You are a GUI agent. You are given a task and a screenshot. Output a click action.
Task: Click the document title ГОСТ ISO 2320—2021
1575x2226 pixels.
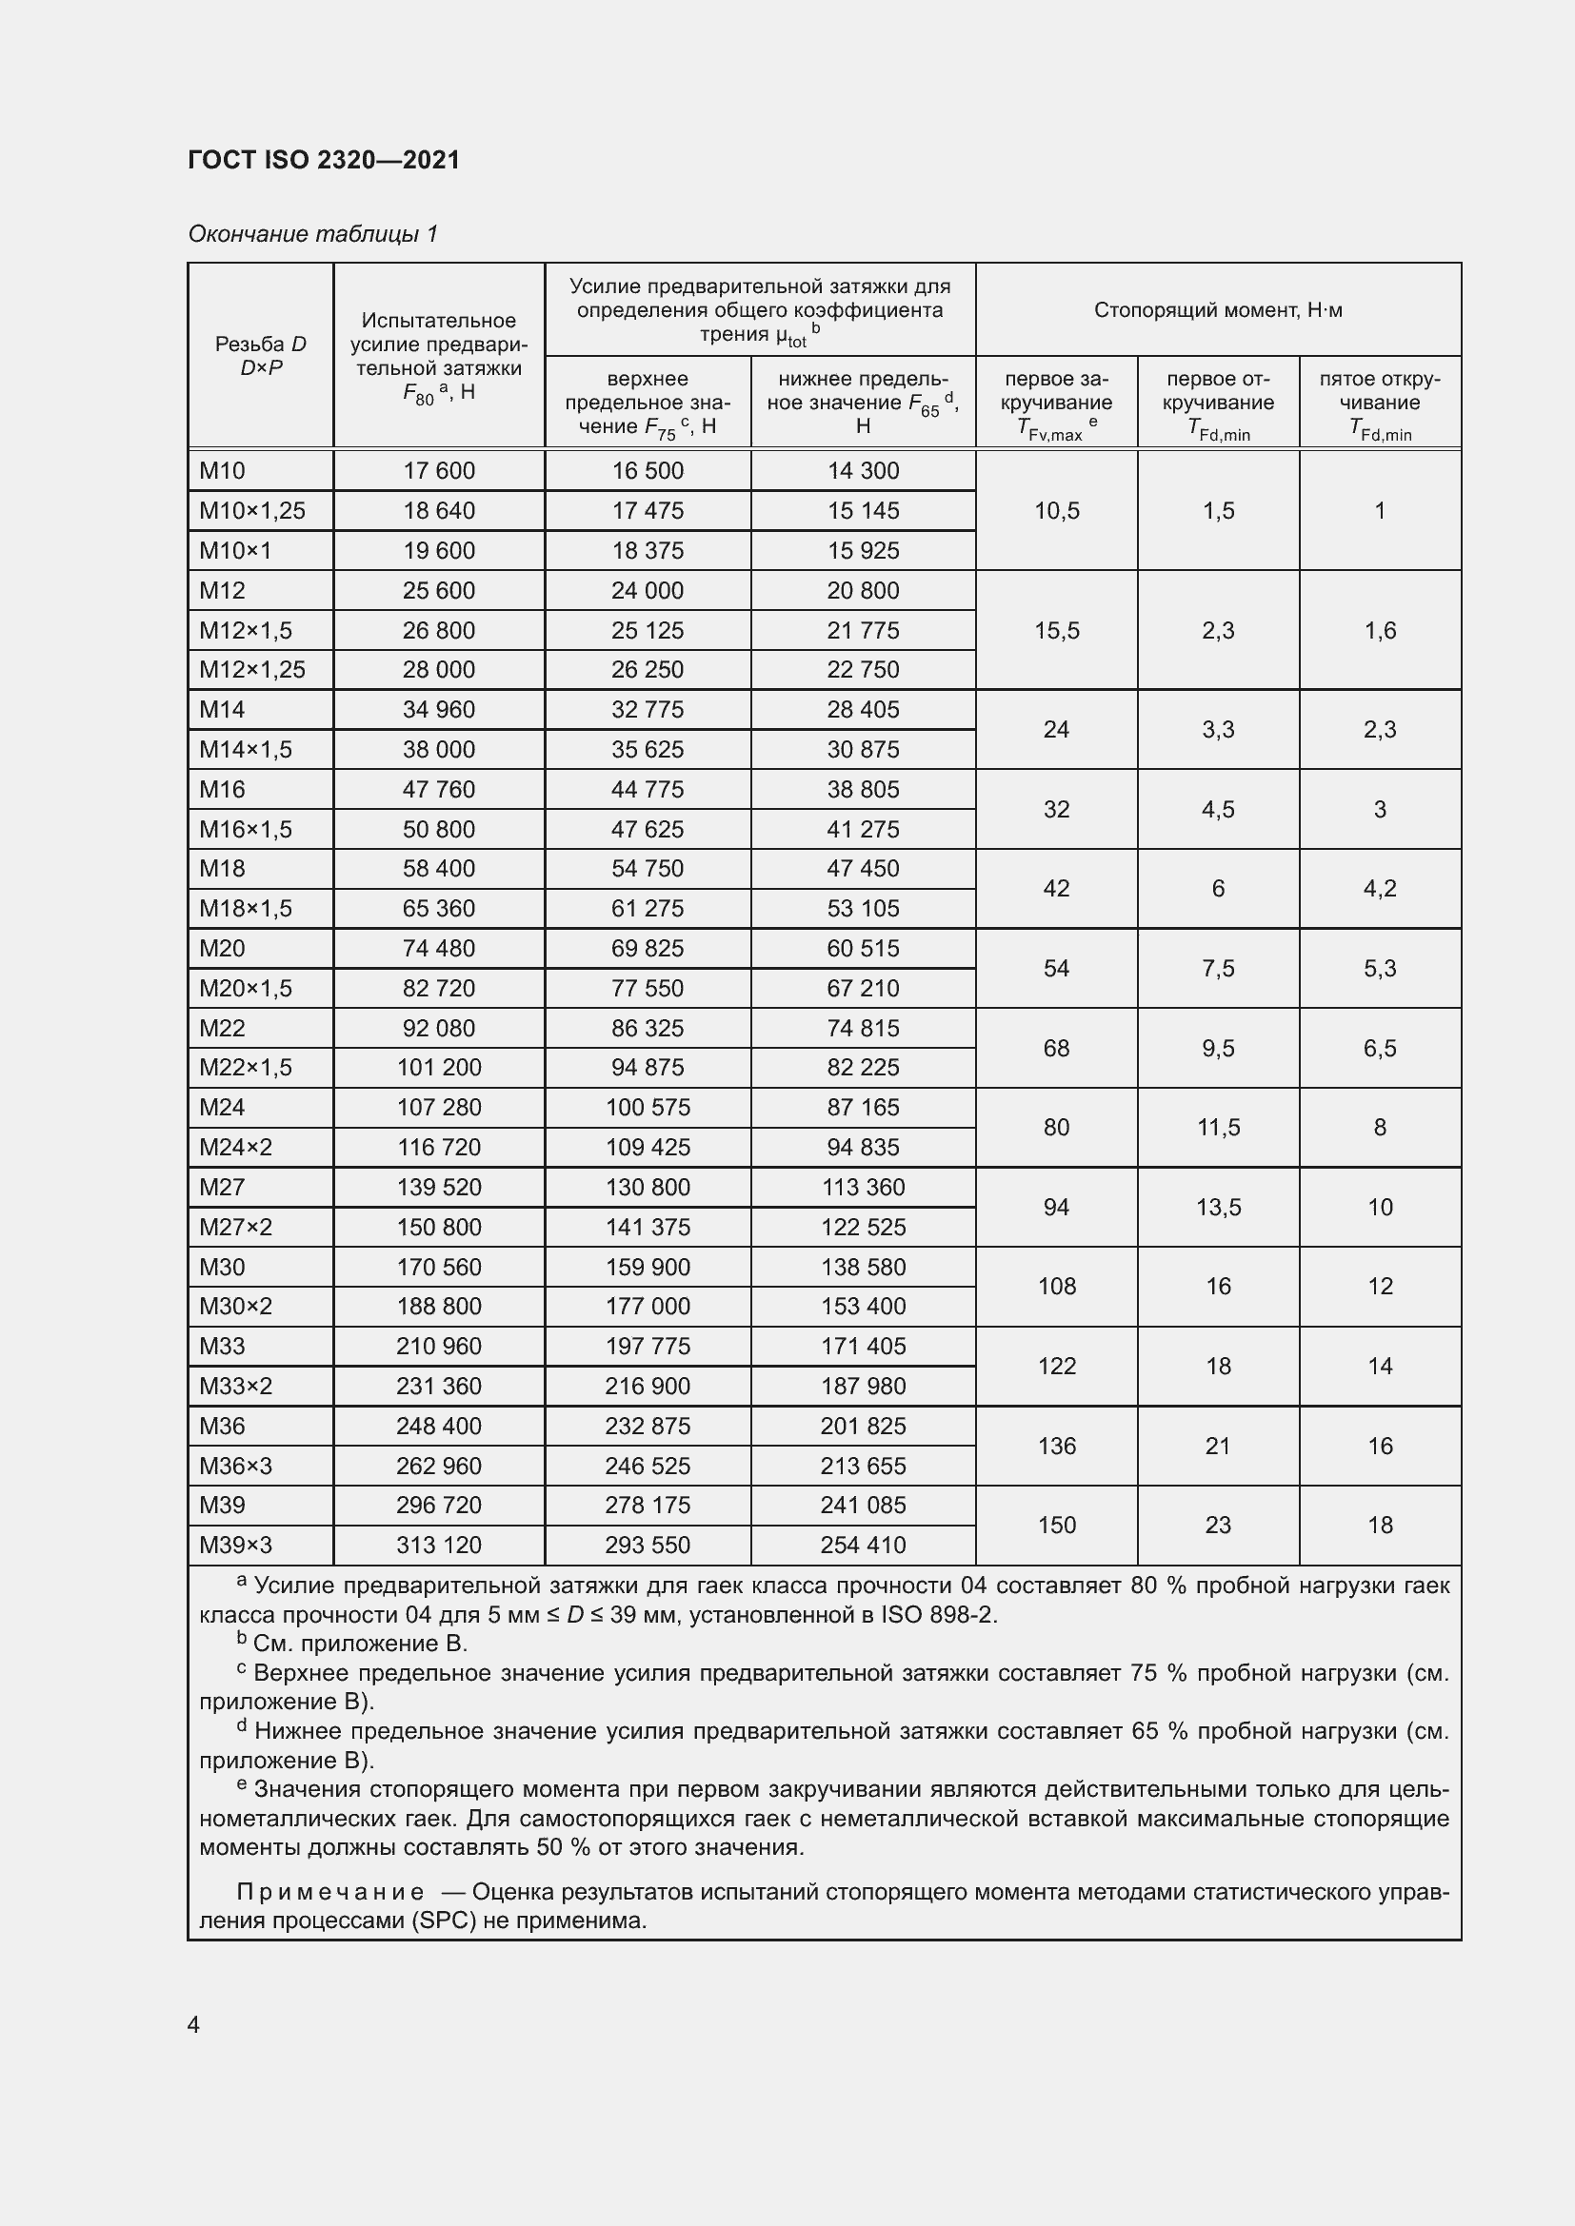324,160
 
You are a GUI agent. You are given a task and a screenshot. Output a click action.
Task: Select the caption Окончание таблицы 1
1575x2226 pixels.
312,234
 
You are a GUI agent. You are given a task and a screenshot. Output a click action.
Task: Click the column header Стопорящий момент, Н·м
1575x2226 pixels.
1217,310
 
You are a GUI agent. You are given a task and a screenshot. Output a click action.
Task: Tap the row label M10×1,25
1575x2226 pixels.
252,511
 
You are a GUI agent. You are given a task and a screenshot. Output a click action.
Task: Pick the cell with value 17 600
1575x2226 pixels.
438,471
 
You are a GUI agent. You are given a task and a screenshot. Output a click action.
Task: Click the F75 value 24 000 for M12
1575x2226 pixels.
647,590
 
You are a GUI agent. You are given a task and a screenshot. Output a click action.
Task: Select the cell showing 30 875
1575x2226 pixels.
862,749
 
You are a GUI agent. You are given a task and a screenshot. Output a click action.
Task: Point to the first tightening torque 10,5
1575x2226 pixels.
1056,511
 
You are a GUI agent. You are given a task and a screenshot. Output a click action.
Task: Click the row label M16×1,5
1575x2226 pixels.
246,829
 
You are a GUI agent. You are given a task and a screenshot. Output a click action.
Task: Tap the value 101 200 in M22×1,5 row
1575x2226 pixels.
438,1068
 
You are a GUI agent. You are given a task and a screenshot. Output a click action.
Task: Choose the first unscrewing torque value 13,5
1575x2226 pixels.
1218,1207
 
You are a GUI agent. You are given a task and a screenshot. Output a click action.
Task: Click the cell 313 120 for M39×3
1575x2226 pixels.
438,1546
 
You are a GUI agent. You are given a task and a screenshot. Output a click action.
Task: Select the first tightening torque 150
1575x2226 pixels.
1056,1525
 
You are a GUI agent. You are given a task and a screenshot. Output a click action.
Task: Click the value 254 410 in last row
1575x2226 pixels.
862,1546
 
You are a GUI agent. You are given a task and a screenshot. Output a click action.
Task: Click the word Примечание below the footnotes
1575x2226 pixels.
329,1893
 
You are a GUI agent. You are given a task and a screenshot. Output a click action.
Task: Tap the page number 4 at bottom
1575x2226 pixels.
193,2025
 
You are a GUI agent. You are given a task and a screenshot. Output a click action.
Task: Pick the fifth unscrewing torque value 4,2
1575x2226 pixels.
1379,889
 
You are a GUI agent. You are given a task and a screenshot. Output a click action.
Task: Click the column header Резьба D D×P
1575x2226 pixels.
260,356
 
